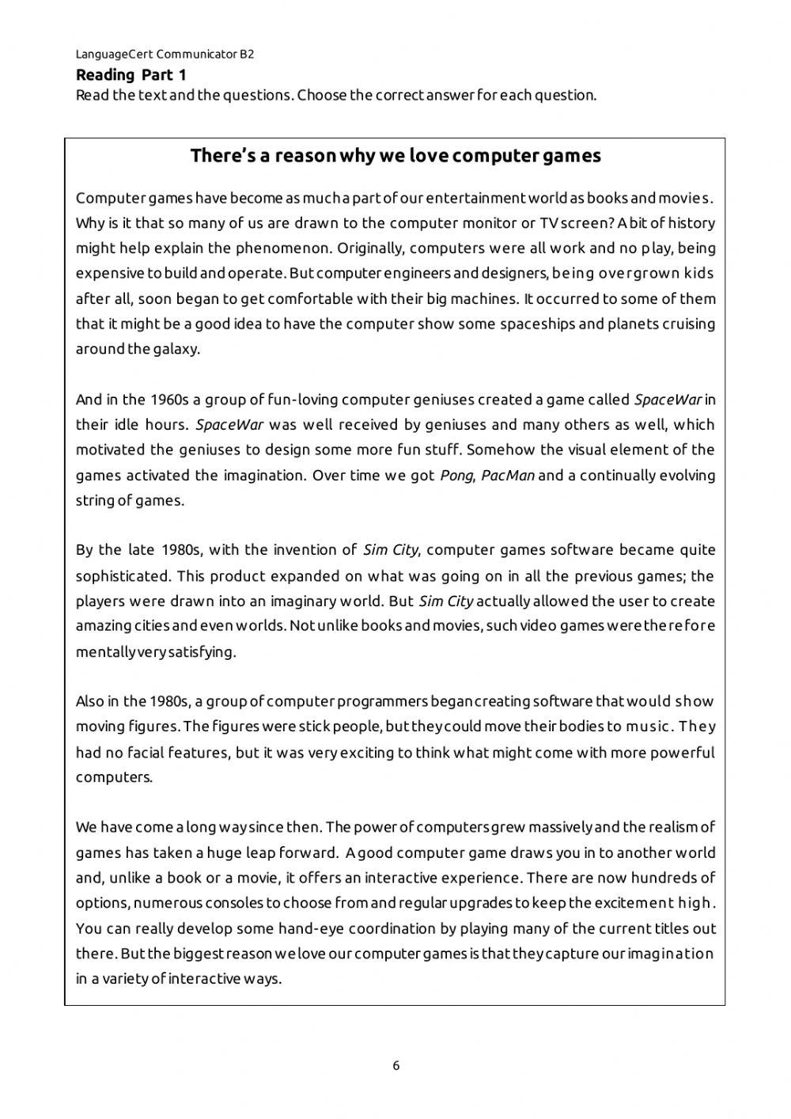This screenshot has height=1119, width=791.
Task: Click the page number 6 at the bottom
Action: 395,1066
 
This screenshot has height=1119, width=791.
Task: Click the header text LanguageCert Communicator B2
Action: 165,55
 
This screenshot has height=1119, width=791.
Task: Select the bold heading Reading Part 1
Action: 131,75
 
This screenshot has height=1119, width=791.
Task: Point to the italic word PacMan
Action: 508,476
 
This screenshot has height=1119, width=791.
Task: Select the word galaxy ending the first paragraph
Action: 175,349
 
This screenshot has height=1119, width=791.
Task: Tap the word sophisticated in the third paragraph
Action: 123,576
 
